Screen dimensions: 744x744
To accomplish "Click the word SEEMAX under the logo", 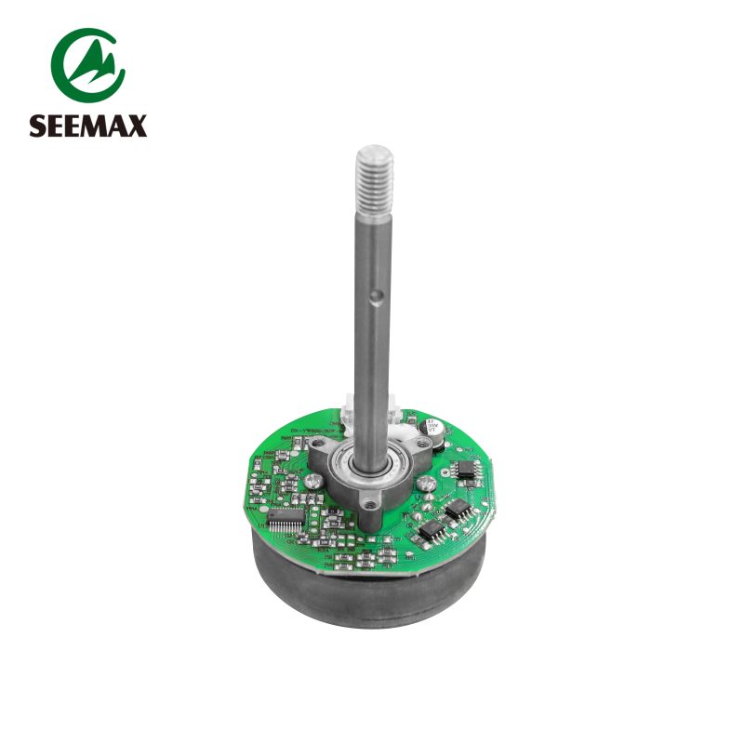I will [x=87, y=126].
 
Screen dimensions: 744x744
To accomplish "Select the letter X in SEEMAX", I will [x=138, y=126].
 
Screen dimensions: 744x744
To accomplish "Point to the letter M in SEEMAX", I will [x=96, y=126].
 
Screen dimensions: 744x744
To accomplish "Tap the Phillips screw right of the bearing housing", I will [x=425, y=484].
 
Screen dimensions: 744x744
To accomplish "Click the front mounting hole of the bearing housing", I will [x=371, y=505].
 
